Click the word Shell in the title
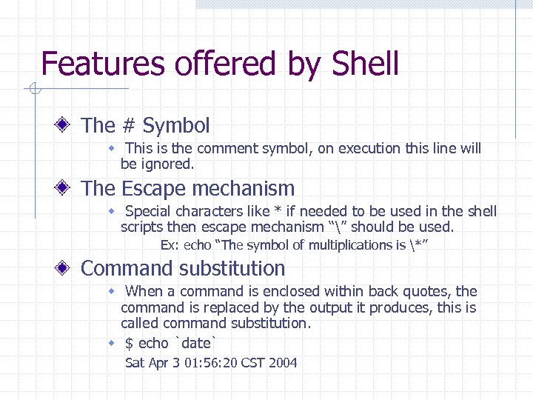click(365, 64)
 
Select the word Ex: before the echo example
click(170, 245)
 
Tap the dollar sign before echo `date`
click(130, 343)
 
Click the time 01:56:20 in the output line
click(209, 363)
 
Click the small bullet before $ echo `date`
click(112, 344)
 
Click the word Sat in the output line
click(135, 363)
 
